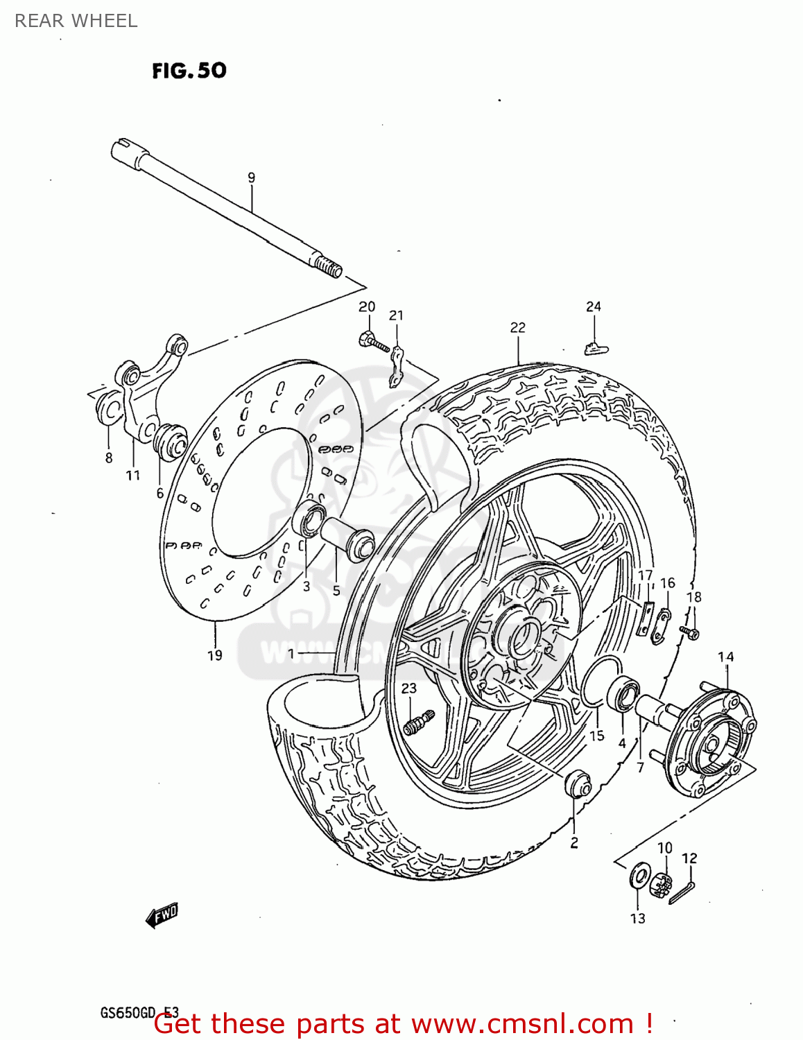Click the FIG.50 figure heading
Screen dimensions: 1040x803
tap(189, 71)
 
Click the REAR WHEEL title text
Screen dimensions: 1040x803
tap(76, 21)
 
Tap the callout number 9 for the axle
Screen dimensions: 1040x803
tap(251, 177)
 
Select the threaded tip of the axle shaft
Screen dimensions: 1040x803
tap(328, 266)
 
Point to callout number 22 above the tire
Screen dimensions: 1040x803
tap(517, 327)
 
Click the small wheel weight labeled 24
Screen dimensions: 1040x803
tap(594, 348)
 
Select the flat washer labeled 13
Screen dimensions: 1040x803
tap(639, 876)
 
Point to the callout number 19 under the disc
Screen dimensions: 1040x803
tap(215, 655)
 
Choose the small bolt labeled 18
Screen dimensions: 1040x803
tap(690, 632)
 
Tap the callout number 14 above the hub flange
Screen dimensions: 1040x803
tap(725, 657)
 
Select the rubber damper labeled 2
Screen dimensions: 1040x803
tap(577, 785)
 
